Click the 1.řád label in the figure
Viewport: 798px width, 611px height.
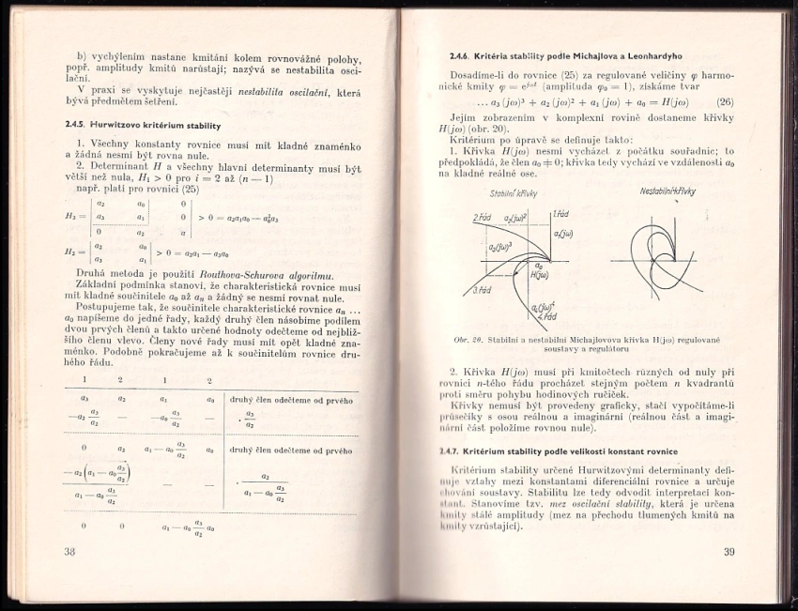[560, 213]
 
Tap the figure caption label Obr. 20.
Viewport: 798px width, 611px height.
[466, 339]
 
